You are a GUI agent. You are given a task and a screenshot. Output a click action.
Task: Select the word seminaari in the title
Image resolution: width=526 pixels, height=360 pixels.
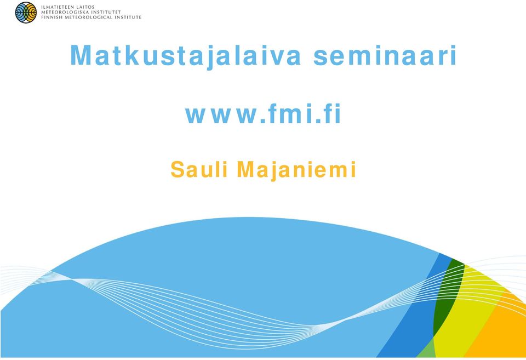point(385,55)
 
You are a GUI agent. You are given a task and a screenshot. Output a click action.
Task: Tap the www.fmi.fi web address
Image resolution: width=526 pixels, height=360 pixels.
point(264,114)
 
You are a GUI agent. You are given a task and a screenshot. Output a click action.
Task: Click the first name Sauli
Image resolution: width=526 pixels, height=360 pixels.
point(199,169)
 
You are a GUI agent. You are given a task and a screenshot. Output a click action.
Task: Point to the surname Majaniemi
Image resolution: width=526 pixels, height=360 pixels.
point(296,170)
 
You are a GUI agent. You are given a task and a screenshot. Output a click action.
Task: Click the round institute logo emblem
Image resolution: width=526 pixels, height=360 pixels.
point(26,13)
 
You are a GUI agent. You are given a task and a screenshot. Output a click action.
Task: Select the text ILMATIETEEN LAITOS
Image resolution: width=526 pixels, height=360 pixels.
point(68,7)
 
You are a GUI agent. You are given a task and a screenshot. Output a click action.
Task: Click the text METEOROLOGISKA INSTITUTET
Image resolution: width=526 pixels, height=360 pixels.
point(81,12)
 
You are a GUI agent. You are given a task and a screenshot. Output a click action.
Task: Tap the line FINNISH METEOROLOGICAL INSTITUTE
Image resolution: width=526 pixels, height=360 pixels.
point(92,17)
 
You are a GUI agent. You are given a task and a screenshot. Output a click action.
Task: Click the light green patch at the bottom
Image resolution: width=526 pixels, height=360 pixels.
point(426,349)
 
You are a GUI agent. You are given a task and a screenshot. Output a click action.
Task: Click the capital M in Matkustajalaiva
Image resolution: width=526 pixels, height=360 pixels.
point(81,55)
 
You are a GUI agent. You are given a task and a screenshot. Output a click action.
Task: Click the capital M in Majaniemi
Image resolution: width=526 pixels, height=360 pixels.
point(245,169)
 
